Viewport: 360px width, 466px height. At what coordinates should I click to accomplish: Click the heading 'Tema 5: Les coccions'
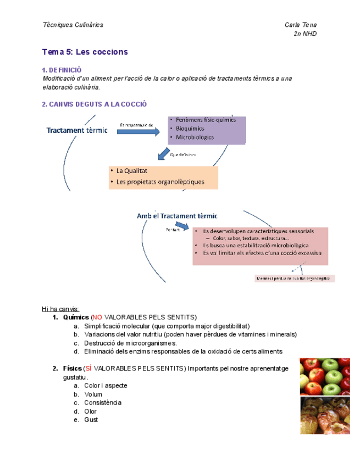pyautogui.click(x=85, y=52)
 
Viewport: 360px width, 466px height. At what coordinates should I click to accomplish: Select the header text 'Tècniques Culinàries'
pyautogui.click(x=73, y=25)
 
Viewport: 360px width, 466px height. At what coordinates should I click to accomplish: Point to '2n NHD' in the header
pyautogui.click(x=306, y=34)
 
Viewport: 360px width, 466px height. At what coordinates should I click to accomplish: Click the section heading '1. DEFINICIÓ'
pyautogui.click(x=62, y=70)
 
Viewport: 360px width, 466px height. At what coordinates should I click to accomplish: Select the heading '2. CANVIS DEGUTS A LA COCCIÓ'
pyautogui.click(x=94, y=104)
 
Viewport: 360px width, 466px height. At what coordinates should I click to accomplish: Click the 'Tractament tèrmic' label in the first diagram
pyautogui.click(x=77, y=131)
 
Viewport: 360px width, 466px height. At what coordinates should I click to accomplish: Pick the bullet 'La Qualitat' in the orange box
pyautogui.click(x=132, y=171)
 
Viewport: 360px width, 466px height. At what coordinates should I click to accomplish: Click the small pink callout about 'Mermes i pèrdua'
pyautogui.click(x=295, y=279)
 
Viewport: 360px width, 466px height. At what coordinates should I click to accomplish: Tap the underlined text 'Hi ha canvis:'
pyautogui.click(x=60, y=308)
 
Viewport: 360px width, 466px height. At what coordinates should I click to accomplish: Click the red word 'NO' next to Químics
pyautogui.click(x=97, y=317)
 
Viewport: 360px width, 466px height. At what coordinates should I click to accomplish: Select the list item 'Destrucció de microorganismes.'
pyautogui.click(x=130, y=343)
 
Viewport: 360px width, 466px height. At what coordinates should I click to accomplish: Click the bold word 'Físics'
pyautogui.click(x=71, y=368)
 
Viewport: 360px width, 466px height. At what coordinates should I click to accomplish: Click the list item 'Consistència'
pyautogui.click(x=103, y=403)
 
